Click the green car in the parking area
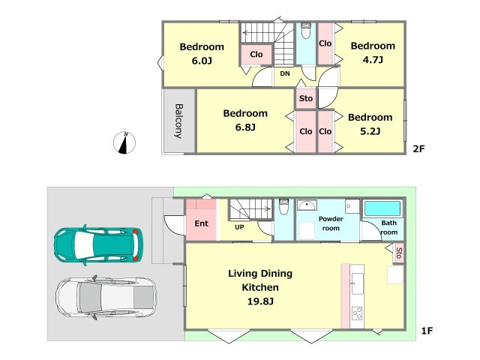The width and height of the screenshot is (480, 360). (x=98, y=245)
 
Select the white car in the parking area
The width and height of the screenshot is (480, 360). (x=106, y=298)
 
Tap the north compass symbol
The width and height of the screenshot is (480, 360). (x=124, y=142)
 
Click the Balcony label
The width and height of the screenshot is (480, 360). (x=179, y=121)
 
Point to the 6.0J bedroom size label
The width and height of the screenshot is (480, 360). (x=202, y=61)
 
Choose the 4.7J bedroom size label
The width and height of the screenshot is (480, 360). (x=373, y=59)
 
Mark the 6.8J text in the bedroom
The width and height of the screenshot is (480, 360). (x=245, y=127)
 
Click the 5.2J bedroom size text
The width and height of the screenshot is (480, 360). (x=370, y=131)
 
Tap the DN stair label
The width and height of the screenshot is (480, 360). (x=285, y=73)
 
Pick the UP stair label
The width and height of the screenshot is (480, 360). (x=239, y=227)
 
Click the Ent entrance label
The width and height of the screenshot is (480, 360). (x=202, y=223)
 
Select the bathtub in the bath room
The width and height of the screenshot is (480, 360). (x=382, y=208)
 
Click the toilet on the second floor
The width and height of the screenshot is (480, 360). (x=306, y=31)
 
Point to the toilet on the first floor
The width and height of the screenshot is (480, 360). (x=284, y=207)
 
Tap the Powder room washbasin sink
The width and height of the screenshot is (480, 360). (x=307, y=205)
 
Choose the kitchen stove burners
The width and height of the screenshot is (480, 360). (x=357, y=313)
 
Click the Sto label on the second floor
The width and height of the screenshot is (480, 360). (x=306, y=98)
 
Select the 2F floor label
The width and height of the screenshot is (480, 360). (x=418, y=148)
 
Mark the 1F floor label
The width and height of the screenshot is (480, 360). (x=427, y=331)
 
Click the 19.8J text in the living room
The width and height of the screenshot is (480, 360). (x=260, y=301)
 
